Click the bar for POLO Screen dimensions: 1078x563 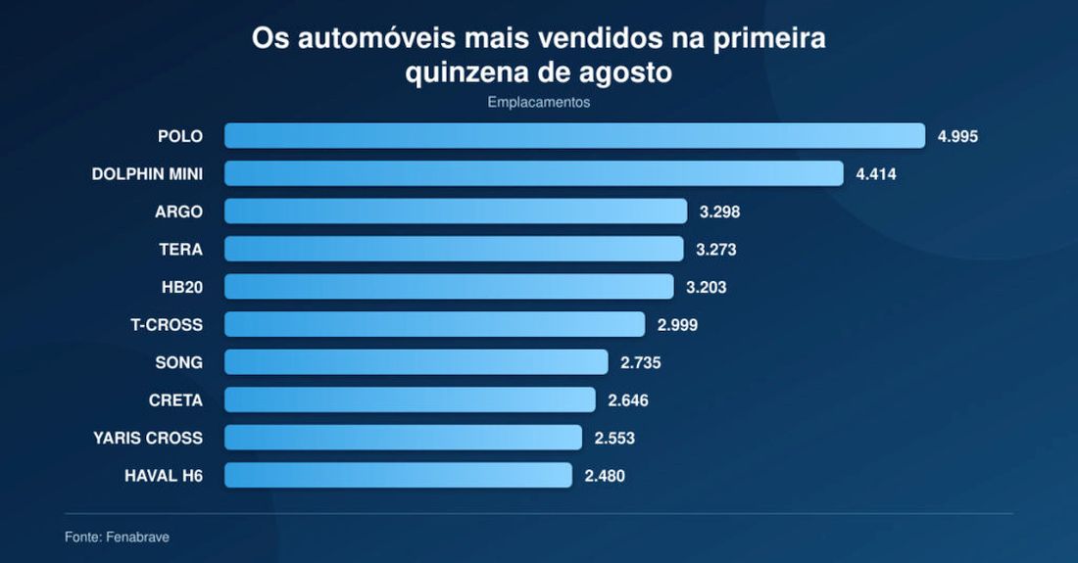[x=574, y=136]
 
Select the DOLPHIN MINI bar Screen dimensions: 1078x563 [x=534, y=173]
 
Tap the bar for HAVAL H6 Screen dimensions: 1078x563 [x=398, y=475]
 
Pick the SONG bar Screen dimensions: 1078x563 [x=416, y=362]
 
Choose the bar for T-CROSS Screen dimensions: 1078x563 [x=434, y=324]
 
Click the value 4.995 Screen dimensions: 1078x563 [x=957, y=137]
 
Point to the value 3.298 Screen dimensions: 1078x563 [x=720, y=211]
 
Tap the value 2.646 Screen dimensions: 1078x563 [x=627, y=400]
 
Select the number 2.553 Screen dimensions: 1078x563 [x=614, y=438]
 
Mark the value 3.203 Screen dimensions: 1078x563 [x=706, y=287]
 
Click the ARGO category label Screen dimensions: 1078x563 [x=178, y=211]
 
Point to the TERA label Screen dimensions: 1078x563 [x=181, y=250]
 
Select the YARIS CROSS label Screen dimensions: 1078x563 [x=149, y=438]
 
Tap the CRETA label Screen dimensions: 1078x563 [x=176, y=400]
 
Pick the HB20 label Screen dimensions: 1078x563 [x=182, y=287]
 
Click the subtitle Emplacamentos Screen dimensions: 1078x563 [x=539, y=102]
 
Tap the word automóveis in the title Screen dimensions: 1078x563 [x=376, y=38]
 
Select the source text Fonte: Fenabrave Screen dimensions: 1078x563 [x=117, y=537]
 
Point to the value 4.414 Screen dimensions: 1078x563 [x=876, y=174]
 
